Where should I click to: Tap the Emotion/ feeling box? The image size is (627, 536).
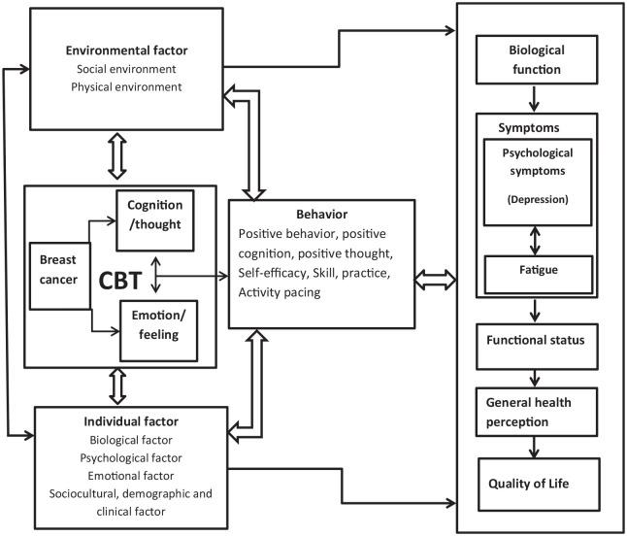[155, 320]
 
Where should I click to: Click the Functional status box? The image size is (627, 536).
[535, 344]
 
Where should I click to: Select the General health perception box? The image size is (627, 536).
[535, 409]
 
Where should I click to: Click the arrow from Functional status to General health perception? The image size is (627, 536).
[535, 375]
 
